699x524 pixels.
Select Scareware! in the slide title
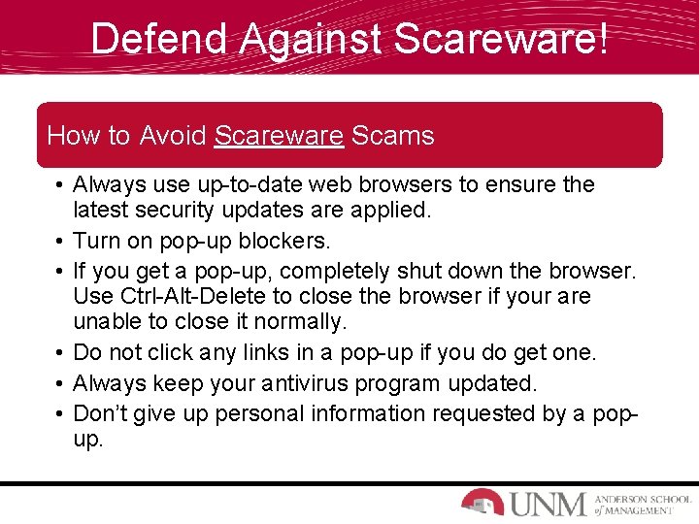click(x=503, y=39)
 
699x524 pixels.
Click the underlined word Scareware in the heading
click(x=279, y=136)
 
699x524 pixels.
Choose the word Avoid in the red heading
click(x=173, y=136)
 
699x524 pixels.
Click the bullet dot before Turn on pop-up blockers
click(x=59, y=241)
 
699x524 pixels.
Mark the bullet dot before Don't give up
click(x=59, y=414)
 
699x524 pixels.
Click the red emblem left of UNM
click(x=482, y=501)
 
